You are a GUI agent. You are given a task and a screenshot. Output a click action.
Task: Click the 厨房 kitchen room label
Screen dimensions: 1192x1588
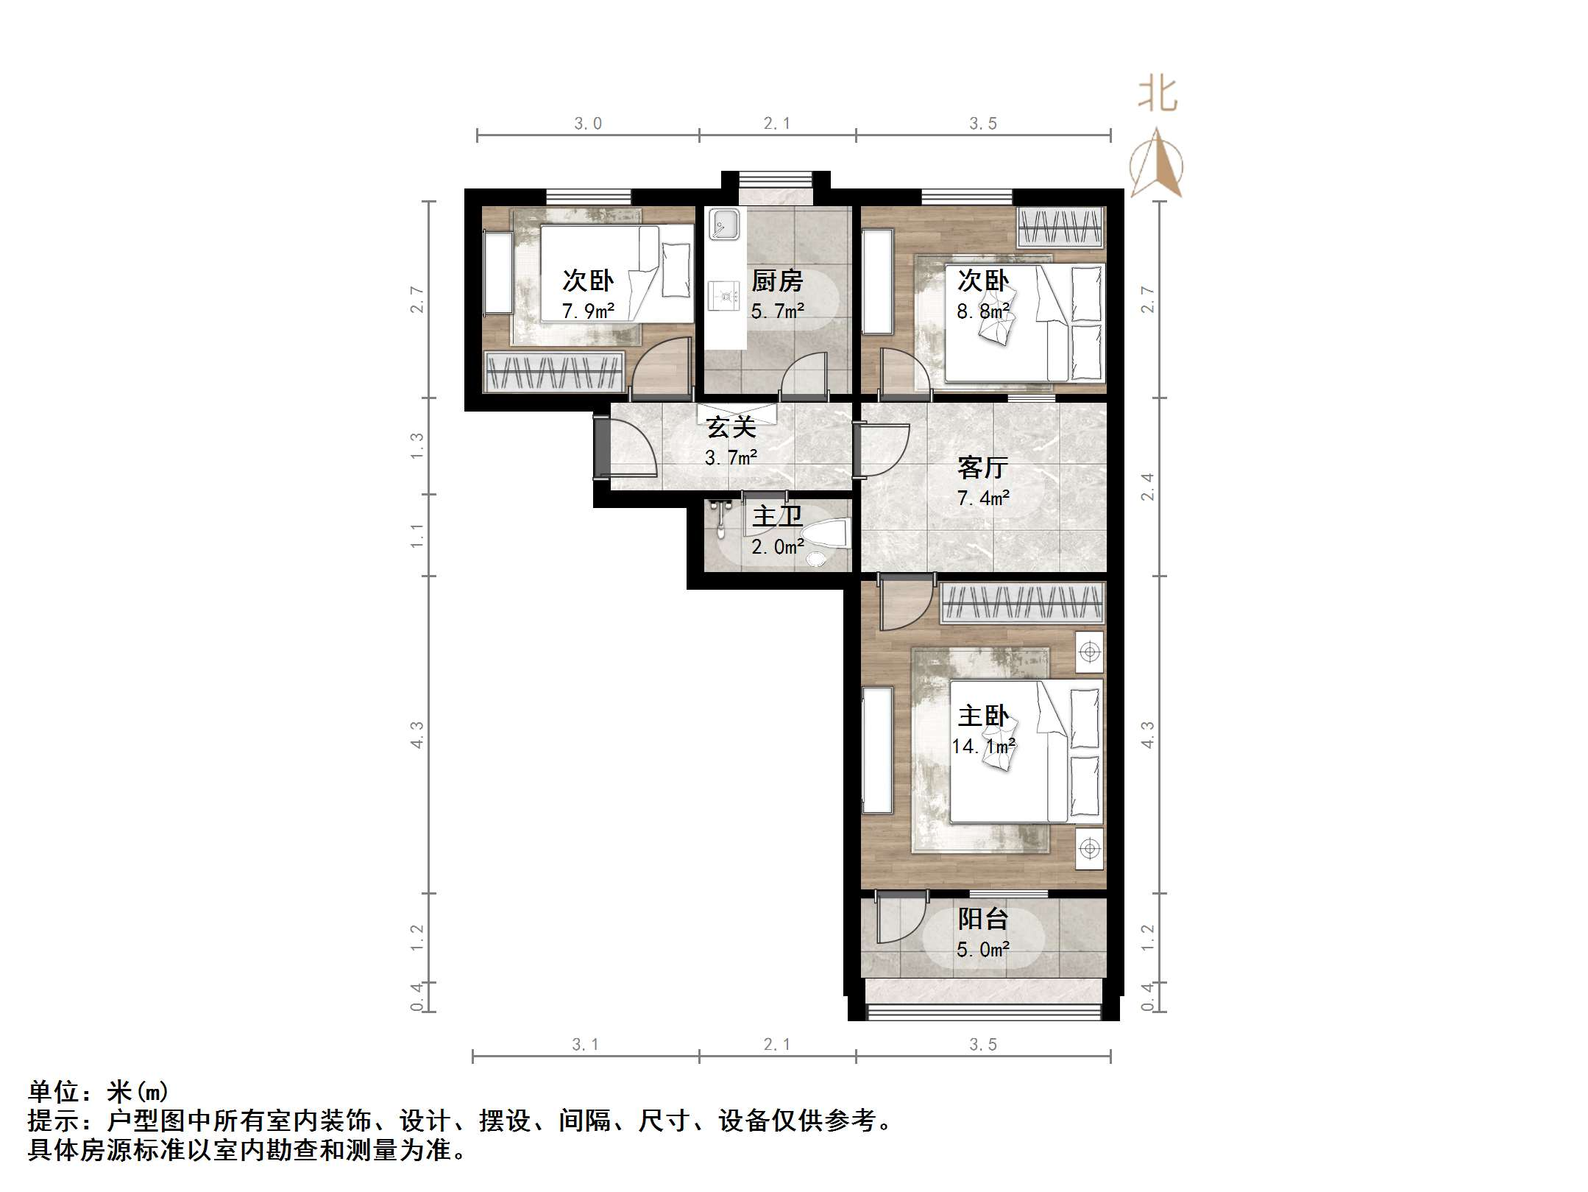(x=776, y=281)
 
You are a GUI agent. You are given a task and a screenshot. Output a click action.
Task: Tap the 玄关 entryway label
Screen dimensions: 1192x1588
(x=731, y=427)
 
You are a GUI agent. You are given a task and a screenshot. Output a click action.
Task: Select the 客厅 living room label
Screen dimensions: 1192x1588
(x=982, y=468)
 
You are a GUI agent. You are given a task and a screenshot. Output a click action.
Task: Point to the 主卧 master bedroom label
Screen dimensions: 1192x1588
(x=982, y=716)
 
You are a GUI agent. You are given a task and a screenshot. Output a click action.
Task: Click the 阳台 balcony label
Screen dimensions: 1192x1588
(x=982, y=919)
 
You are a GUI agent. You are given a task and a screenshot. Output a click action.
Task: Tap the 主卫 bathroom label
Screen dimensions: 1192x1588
(x=776, y=516)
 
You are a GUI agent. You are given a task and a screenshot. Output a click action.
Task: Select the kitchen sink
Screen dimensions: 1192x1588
(x=724, y=224)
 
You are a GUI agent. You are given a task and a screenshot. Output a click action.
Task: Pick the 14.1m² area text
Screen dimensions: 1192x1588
(x=983, y=747)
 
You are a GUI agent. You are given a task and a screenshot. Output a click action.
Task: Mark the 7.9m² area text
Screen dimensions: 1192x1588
(x=588, y=311)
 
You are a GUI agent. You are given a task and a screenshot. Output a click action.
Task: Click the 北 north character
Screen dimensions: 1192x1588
(x=1158, y=96)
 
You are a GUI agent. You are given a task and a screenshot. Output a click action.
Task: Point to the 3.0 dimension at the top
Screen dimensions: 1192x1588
(x=588, y=124)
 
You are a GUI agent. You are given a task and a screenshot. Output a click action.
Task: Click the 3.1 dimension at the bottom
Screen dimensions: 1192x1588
(x=585, y=1044)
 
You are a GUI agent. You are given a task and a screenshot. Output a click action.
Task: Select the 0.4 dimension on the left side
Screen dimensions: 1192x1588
(x=417, y=997)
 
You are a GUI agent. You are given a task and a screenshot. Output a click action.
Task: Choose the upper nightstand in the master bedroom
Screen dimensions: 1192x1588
(x=1089, y=652)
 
